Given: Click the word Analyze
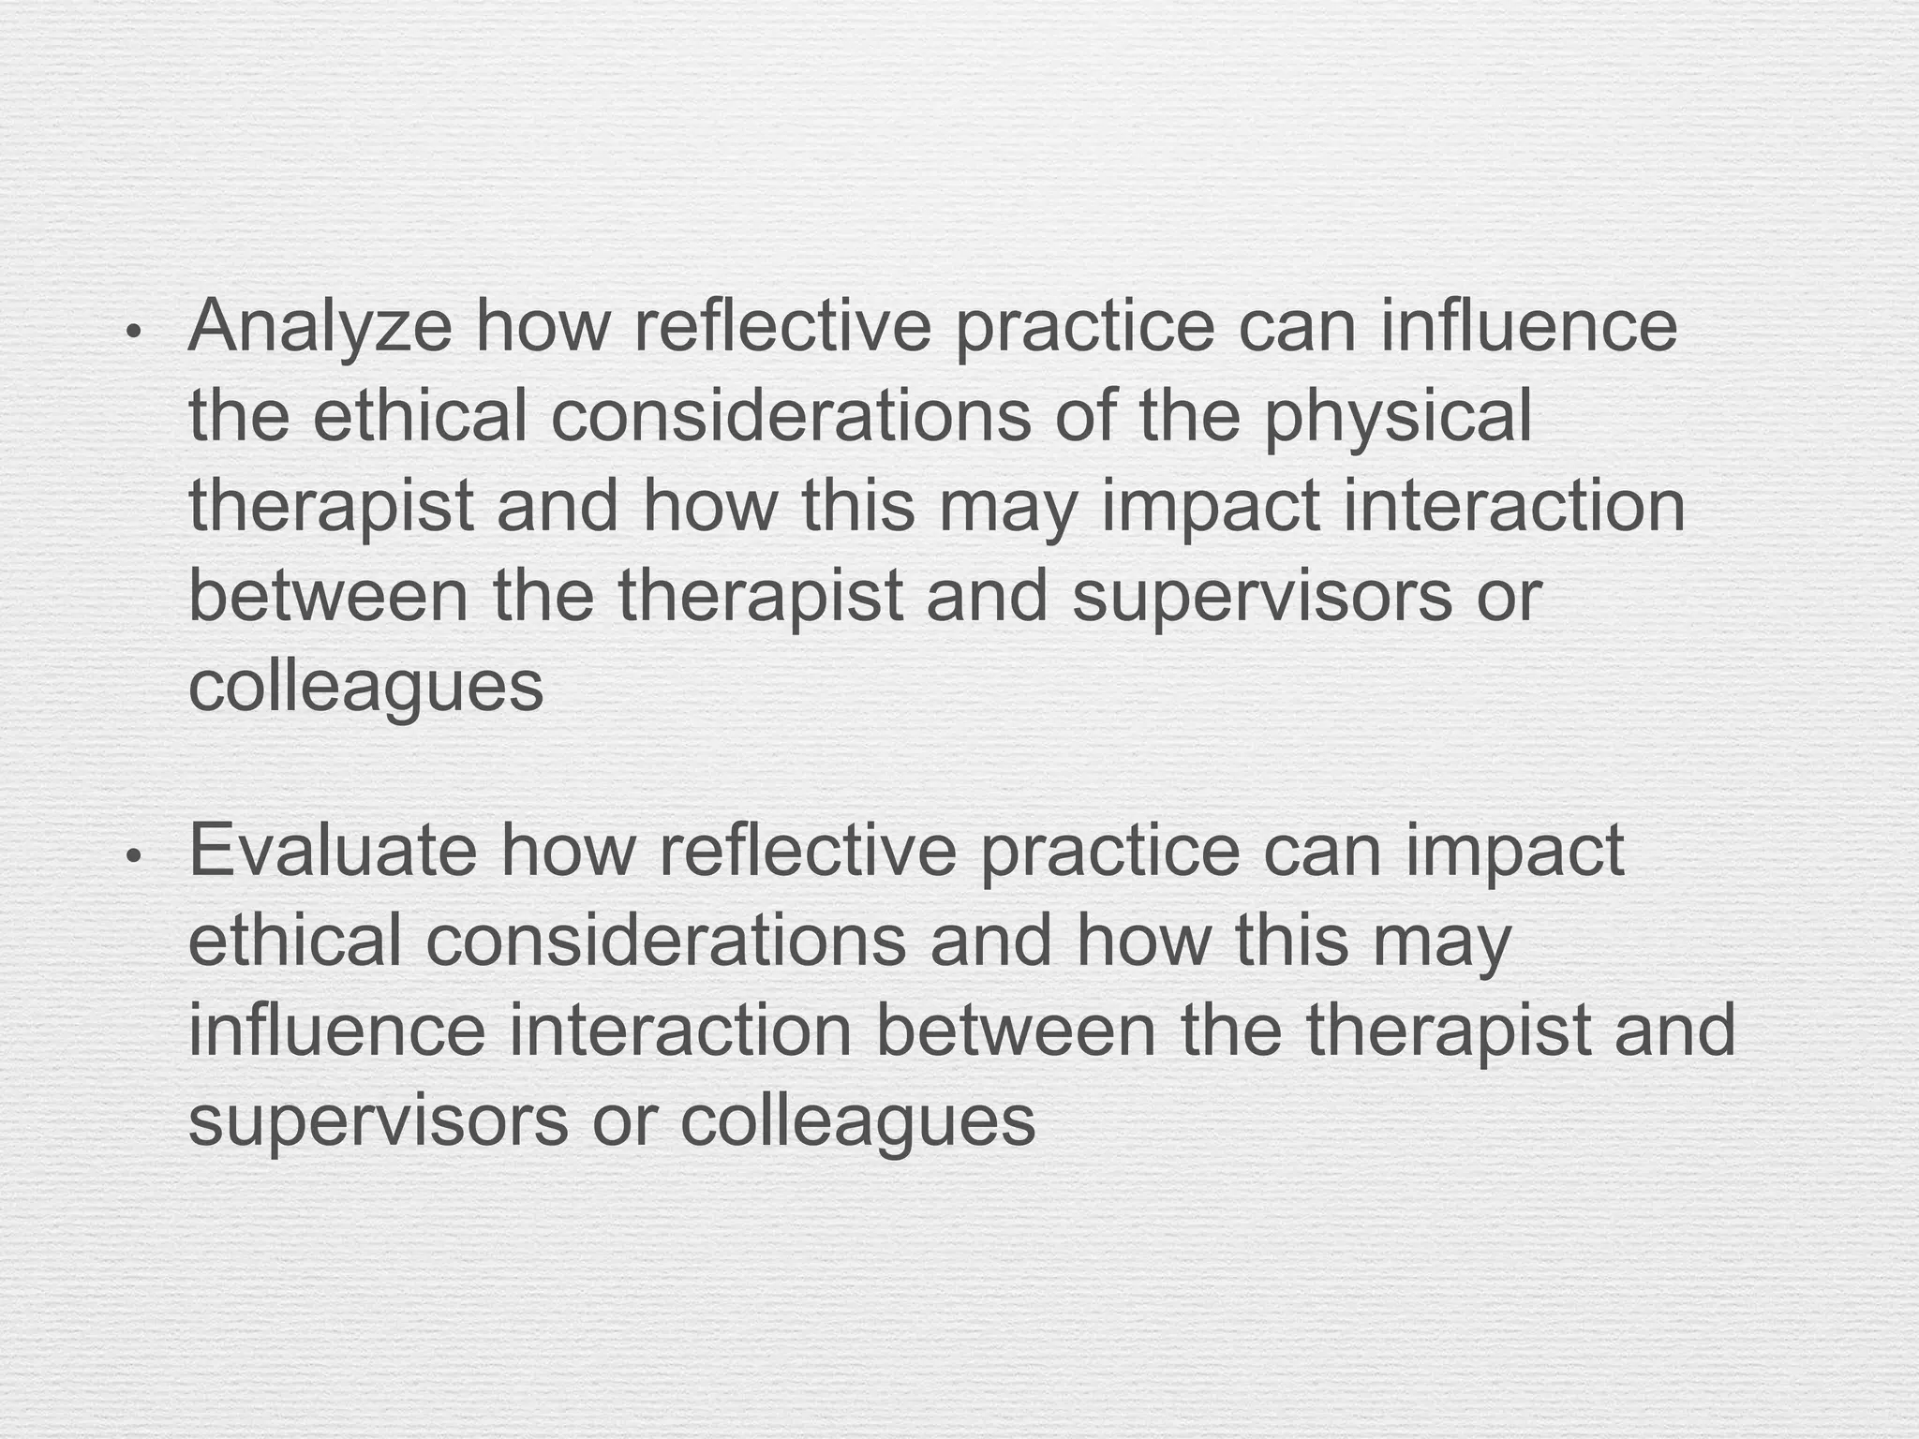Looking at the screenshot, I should pos(320,328).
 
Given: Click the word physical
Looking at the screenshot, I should pos(1398,418).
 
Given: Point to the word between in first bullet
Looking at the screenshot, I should pos(328,597).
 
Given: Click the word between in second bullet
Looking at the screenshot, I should pos(1016,1031).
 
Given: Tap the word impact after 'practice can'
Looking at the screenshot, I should pos(1513,853).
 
